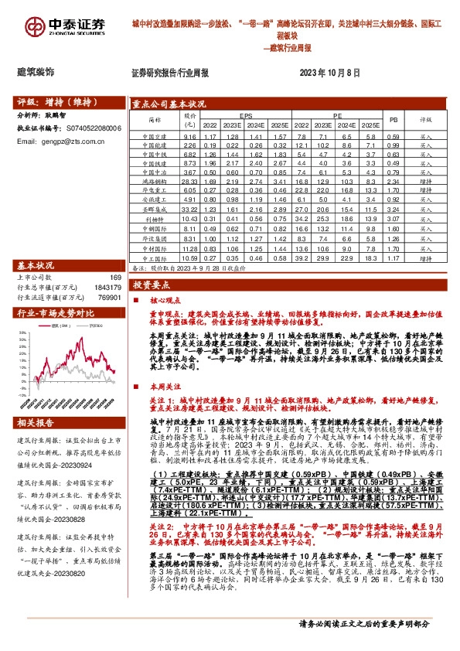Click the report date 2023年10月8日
(x=329, y=72)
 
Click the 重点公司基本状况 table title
(x=169, y=102)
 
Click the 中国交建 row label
(x=155, y=136)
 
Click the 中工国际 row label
(x=155, y=258)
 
